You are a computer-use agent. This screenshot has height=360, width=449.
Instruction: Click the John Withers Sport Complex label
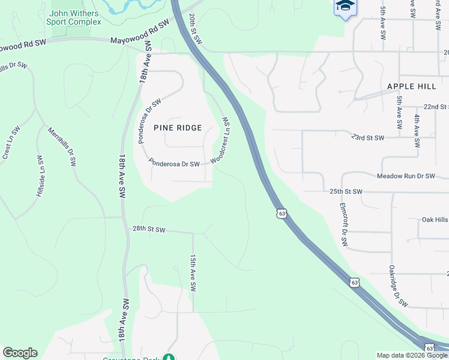tap(74, 17)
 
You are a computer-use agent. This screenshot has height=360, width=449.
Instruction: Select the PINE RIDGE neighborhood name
tap(178, 128)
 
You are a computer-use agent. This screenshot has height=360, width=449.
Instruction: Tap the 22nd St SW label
tap(436, 106)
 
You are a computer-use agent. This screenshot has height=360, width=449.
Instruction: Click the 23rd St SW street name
tap(368, 138)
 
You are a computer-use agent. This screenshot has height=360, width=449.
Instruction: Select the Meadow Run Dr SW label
tap(405, 176)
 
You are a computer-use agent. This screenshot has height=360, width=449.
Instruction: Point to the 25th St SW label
tap(346, 192)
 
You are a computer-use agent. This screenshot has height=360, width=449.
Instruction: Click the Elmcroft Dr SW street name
tap(344, 224)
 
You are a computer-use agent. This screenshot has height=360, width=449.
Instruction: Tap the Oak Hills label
tap(435, 220)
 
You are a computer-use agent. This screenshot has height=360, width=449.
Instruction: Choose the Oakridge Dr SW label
tap(397, 286)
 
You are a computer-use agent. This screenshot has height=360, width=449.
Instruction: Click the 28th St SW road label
tap(148, 229)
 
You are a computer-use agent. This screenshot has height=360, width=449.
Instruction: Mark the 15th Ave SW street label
tap(193, 272)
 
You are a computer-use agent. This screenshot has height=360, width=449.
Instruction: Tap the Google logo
tap(20, 353)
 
